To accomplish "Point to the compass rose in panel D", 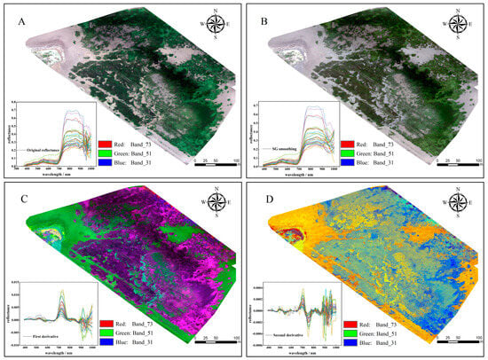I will click(459, 207).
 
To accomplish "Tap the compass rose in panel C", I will click(215, 207).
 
